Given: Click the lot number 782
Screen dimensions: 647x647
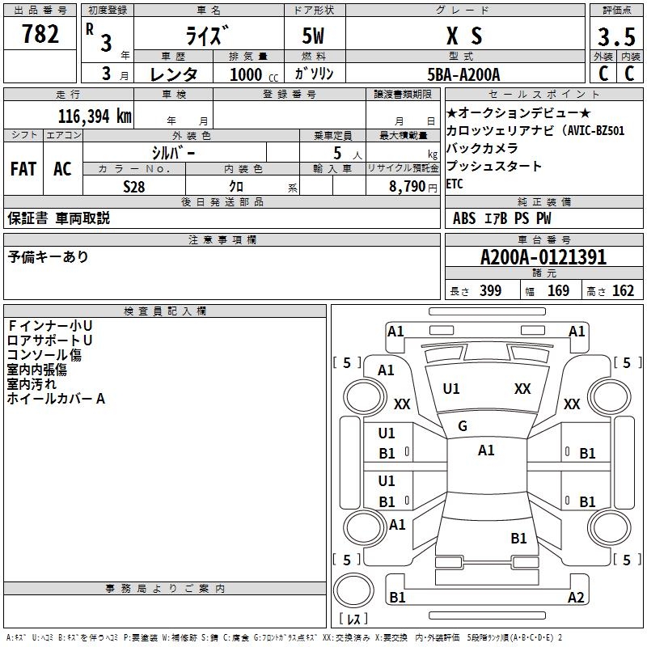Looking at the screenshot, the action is pyautogui.click(x=40, y=35).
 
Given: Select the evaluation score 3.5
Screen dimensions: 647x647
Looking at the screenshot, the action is pyautogui.click(x=615, y=36).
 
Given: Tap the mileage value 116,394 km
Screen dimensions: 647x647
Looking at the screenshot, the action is pyautogui.click(x=94, y=116).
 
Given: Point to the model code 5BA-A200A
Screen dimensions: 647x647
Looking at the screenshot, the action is pyautogui.click(x=463, y=74).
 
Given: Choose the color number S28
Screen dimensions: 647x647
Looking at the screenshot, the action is pyautogui.click(x=134, y=186).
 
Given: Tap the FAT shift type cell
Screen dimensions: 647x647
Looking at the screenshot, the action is pyautogui.click(x=23, y=169).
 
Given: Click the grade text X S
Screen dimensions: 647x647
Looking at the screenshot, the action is pyautogui.click(x=464, y=36).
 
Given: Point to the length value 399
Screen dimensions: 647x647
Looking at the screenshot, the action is pyautogui.click(x=490, y=291).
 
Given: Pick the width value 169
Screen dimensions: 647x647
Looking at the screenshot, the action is pyautogui.click(x=558, y=291).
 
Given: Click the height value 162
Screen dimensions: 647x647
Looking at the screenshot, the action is pyautogui.click(x=623, y=291).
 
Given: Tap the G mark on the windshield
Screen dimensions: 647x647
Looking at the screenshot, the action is pyautogui.click(x=463, y=426).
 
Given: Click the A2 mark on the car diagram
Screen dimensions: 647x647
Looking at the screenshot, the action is pyautogui.click(x=576, y=598).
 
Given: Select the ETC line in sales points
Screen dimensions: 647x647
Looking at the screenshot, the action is pyautogui.click(x=455, y=184).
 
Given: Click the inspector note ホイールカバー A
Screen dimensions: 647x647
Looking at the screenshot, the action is pyautogui.click(x=57, y=399).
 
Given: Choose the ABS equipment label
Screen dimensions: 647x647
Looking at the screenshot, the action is pyautogui.click(x=464, y=218).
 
